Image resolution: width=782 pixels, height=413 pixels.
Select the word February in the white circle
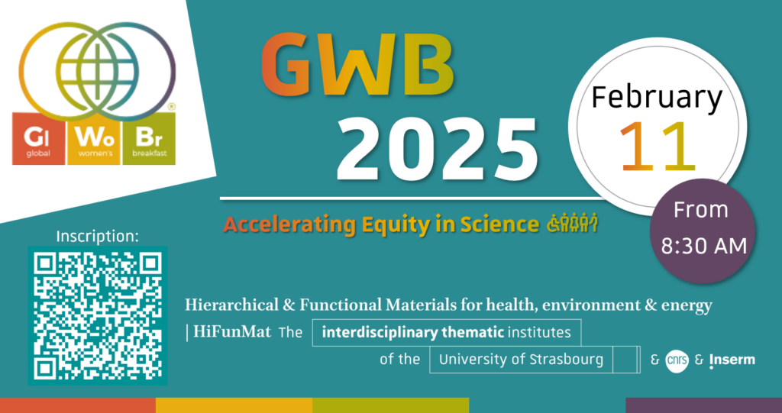657,98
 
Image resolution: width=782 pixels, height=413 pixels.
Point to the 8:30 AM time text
703,245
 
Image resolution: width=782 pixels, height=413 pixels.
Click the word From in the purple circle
702,210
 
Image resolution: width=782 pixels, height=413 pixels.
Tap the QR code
97,316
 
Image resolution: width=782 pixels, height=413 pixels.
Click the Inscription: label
97,236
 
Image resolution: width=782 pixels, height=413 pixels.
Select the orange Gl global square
38,138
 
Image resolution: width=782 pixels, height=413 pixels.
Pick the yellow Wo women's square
93,138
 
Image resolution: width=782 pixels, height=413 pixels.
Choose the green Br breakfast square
149,138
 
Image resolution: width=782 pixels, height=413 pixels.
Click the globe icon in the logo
97,69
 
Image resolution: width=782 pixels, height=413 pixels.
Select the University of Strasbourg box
521,359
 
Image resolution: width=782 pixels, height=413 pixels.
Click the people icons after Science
568,224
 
